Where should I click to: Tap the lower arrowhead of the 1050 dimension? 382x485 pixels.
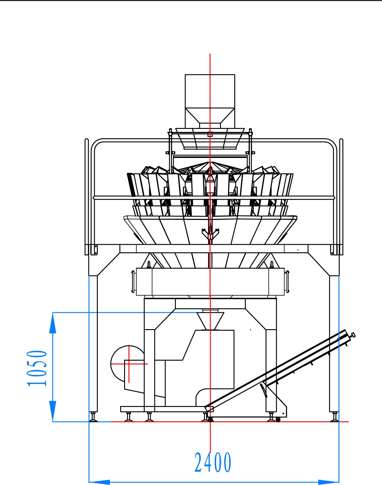(x=53, y=411)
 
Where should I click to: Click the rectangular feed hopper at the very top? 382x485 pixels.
(x=210, y=101)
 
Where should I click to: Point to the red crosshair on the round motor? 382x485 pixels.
(x=129, y=364)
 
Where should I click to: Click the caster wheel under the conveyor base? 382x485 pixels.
(x=278, y=419)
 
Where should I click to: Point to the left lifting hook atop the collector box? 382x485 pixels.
(x=149, y=264)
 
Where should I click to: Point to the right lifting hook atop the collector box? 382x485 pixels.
(x=272, y=264)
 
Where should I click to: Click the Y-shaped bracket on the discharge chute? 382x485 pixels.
(x=210, y=234)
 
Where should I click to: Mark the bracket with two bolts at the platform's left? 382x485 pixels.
(x=94, y=250)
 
